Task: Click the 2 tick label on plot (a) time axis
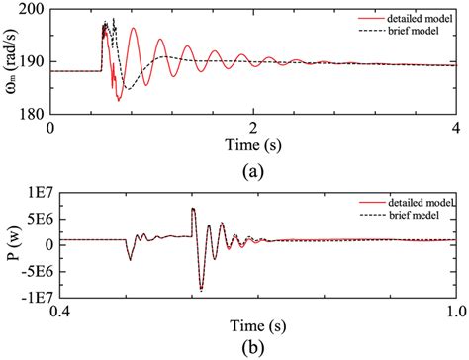[253, 128]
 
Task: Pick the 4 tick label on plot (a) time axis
[455, 128]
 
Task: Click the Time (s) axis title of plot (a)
[253, 144]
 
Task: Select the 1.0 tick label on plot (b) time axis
[453, 312]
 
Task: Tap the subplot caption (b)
[252, 348]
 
